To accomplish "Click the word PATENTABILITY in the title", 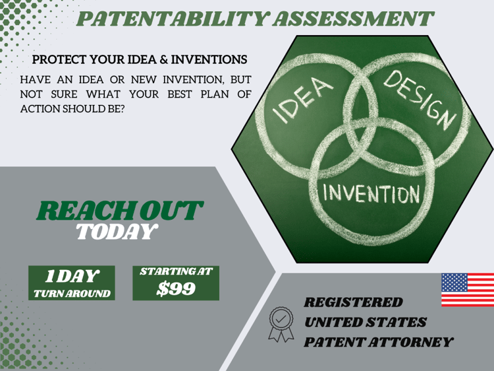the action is [173, 18].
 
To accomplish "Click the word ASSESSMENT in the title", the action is [354, 18].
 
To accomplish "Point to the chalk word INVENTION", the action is [371, 193].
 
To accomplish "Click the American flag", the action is [468, 290].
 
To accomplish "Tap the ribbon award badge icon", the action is [281, 324].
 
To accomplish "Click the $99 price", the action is [176, 288].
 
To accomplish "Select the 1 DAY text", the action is [72, 277].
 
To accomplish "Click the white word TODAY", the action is [117, 232].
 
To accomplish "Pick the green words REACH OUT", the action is [120, 211].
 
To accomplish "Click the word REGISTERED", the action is [353, 302].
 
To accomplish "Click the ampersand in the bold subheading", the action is [164, 59].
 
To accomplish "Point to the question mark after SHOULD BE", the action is [122, 109].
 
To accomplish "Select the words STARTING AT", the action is [176, 271].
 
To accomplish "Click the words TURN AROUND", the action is [72, 294].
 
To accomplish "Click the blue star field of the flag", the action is [454, 283].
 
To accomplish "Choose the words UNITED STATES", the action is [366, 322].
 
